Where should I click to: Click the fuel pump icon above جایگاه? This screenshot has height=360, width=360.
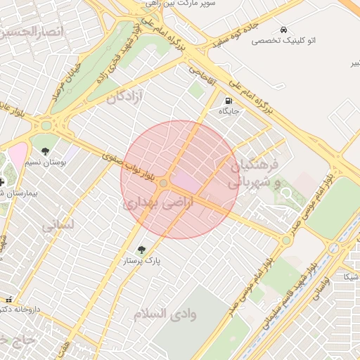tap(229, 101)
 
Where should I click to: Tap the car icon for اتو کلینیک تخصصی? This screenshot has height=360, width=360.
tap(283, 30)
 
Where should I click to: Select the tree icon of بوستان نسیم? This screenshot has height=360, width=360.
tap(46, 151)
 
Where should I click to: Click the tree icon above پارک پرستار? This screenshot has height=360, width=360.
tap(142, 250)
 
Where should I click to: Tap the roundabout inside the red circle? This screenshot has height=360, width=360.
tap(163, 184)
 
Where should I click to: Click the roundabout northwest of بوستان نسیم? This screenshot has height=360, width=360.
tap(47, 126)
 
